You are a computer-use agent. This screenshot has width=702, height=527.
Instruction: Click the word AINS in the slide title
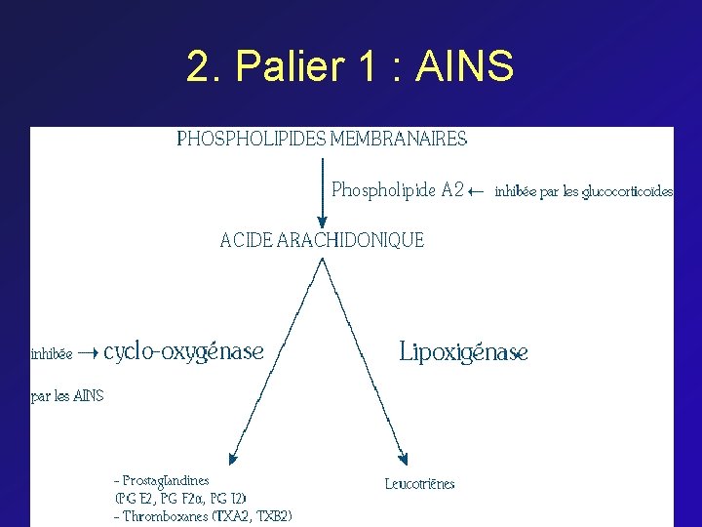464,67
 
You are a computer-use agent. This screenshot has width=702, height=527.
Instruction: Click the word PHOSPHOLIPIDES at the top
251,139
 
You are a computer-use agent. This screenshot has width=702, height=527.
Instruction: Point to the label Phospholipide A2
398,190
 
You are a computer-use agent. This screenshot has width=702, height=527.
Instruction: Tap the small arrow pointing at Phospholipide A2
477,191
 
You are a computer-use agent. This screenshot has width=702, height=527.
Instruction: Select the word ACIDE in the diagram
247,240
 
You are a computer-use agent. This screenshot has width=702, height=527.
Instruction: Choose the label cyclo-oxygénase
183,351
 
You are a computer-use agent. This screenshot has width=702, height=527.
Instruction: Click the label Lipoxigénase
464,352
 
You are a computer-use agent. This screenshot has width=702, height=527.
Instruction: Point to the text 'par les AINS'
67,396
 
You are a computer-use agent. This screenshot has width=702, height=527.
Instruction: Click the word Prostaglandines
166,480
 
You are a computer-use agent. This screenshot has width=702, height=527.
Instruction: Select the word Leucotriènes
419,483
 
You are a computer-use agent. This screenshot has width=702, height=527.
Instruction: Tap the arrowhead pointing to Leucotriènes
402,458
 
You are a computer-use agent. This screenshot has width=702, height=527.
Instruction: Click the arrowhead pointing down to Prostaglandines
232,458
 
